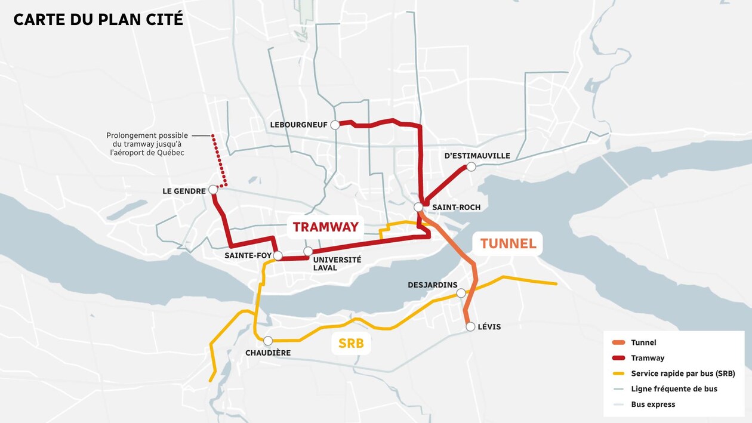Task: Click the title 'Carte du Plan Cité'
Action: coord(98,19)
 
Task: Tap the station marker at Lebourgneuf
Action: coord(335,125)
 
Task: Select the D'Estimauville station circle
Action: coord(471,166)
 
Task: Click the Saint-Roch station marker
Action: coord(419,207)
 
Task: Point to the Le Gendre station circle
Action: coord(213,190)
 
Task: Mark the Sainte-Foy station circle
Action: coord(278,255)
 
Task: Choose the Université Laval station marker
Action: coord(308,251)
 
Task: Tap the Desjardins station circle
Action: coord(461,293)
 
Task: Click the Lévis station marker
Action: coord(470,326)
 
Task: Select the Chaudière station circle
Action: coord(268,341)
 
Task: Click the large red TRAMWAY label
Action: coord(325,227)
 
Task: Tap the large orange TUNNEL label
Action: coord(508,243)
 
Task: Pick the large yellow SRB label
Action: coord(351,344)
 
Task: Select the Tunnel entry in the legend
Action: coord(643,342)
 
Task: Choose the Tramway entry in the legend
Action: coord(647,358)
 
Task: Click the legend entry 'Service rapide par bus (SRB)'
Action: coord(682,373)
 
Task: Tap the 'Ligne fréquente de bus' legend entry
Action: coord(674,389)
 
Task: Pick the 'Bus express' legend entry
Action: coord(653,405)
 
